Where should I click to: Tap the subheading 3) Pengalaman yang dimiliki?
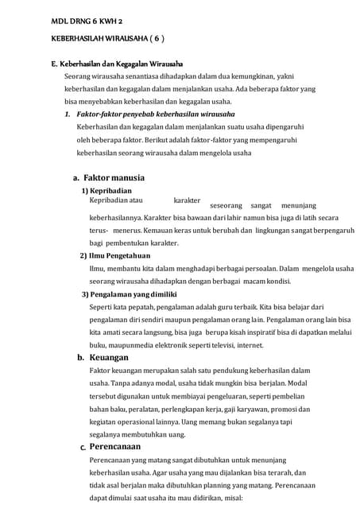click(x=130, y=294)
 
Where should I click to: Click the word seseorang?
click(x=226, y=204)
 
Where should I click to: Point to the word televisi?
click(x=221, y=345)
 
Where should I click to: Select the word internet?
click(x=250, y=345)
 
